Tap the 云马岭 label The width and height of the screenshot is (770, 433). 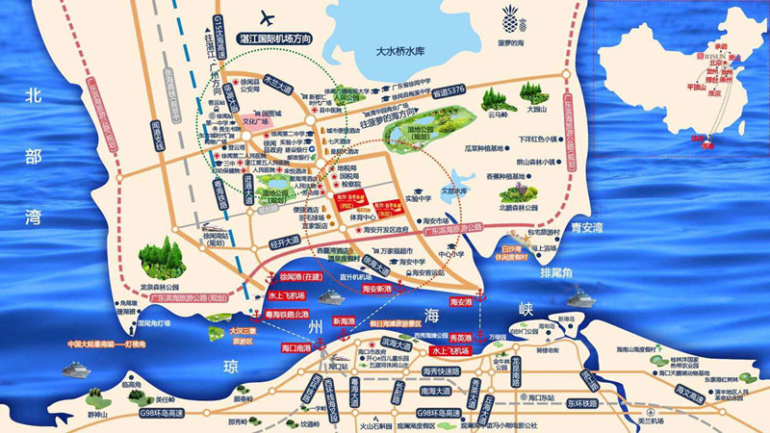click(499, 114)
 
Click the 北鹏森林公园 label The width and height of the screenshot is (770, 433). click(521, 204)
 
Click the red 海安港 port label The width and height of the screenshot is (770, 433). click(461, 302)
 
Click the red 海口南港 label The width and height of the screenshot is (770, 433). click(295, 346)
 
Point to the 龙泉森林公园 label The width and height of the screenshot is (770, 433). click(160, 286)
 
